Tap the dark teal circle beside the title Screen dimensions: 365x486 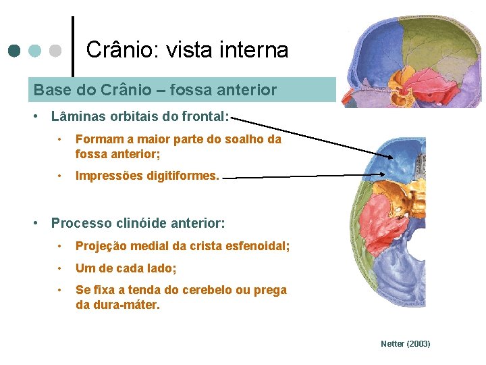coord(13,51)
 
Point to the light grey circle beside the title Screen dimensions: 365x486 coord(56,51)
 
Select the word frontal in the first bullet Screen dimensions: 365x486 coord(205,116)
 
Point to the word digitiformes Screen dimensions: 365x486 coord(185,176)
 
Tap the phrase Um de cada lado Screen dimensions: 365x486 coord(126,268)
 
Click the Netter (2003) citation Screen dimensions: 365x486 coord(405,344)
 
